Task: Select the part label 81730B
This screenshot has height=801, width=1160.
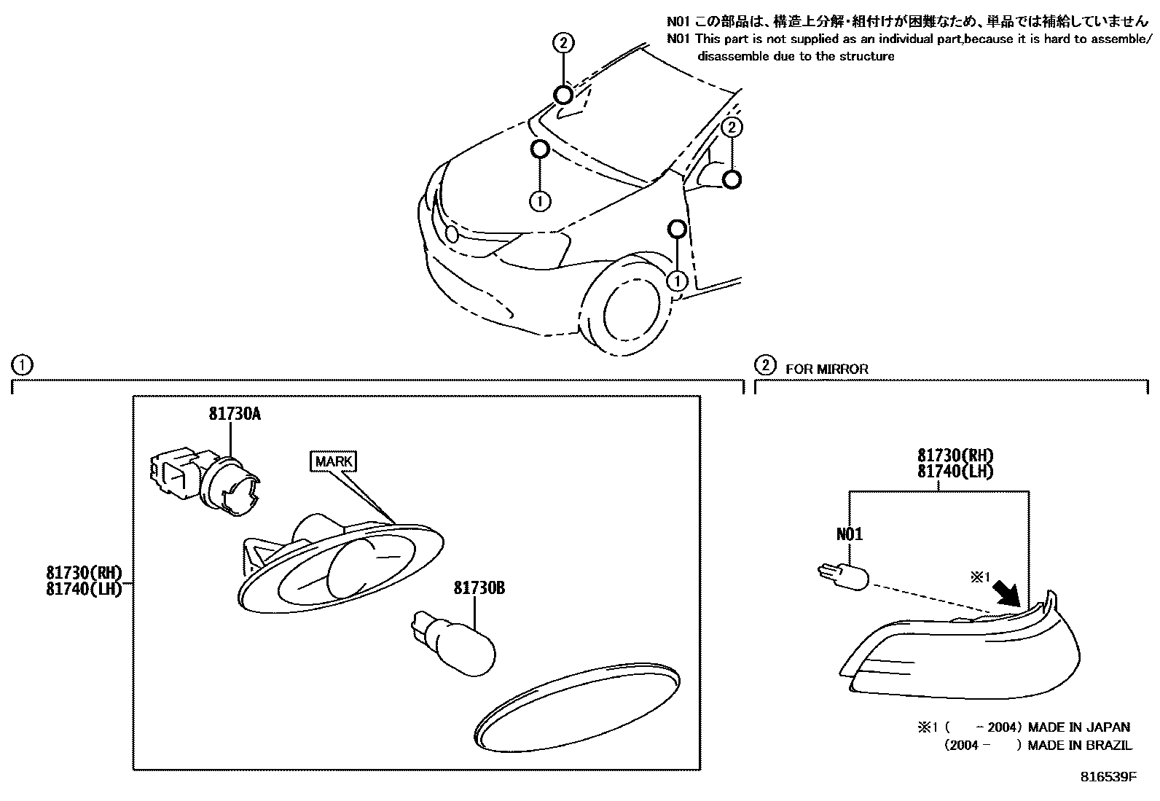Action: click(x=479, y=587)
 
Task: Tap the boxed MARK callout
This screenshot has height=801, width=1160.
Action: click(x=334, y=461)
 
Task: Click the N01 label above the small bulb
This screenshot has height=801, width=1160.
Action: click(x=850, y=534)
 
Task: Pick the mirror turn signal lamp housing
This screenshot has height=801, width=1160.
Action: click(x=962, y=652)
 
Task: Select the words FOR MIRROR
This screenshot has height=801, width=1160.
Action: click(x=827, y=370)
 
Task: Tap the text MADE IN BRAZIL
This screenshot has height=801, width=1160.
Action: click(x=1080, y=745)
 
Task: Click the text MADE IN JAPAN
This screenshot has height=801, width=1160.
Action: click(x=1078, y=727)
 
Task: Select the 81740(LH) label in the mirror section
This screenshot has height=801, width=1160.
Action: click(x=955, y=471)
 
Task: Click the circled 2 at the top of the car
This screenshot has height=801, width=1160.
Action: click(x=563, y=43)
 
